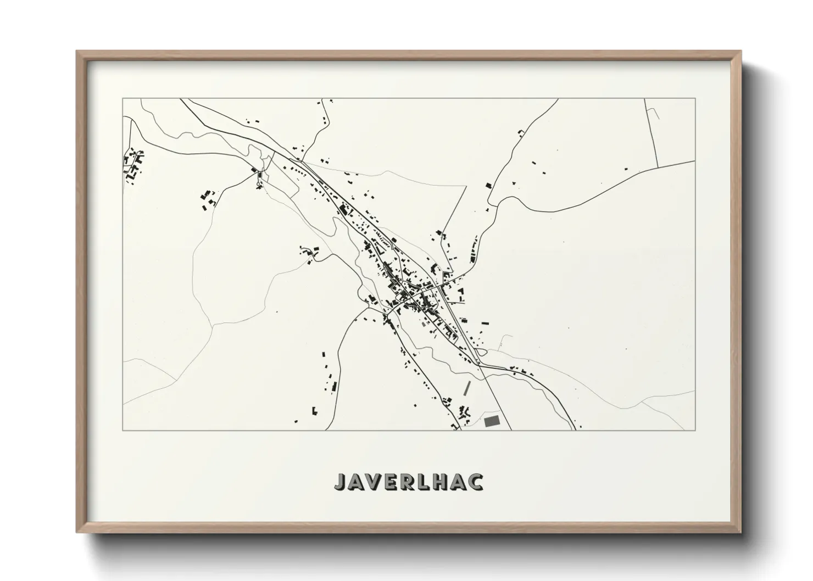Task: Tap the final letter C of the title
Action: (x=477, y=482)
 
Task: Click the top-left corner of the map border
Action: (x=123, y=99)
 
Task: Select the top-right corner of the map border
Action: (x=695, y=99)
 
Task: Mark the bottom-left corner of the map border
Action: (x=123, y=430)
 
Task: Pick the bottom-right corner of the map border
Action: (x=695, y=430)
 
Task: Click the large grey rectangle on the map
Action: (x=493, y=421)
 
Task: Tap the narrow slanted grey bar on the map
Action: (x=467, y=388)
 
